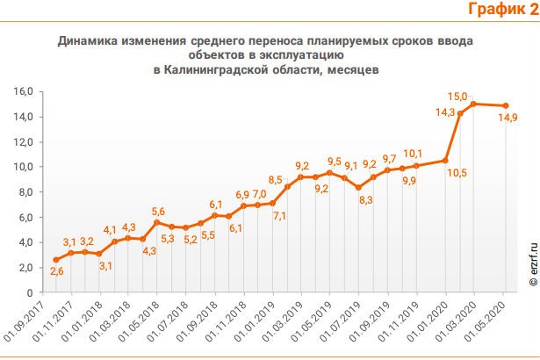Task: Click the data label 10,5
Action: pos(454,173)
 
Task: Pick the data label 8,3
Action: pos(365,200)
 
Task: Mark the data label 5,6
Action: pos(158,211)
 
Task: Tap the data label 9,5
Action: pos(334,162)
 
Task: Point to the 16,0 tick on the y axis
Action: pos(23,91)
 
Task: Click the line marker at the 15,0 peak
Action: pos(473,104)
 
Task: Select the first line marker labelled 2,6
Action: pos(56,260)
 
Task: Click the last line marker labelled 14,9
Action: pos(505,105)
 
